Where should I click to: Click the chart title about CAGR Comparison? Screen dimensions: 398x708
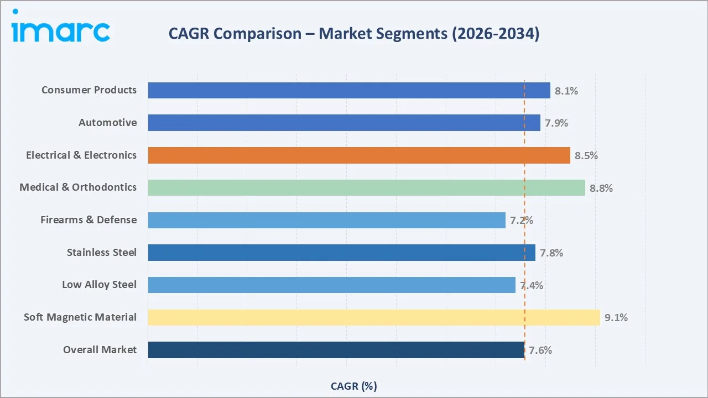coord(354,34)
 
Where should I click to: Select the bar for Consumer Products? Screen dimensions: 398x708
coord(349,91)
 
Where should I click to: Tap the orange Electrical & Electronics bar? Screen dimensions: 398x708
coord(359,155)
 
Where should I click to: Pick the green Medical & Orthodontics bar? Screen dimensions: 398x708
coord(366,188)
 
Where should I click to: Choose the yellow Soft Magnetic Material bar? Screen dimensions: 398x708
coord(374,317)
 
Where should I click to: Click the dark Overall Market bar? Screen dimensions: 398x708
coord(336,350)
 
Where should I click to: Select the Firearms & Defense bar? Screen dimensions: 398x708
coord(326,220)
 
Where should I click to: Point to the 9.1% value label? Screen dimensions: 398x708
coord(616,318)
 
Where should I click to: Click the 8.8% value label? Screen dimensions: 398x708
coord(601,188)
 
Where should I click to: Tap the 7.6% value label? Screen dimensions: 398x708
coord(540,350)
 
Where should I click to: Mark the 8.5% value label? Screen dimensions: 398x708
coord(586,156)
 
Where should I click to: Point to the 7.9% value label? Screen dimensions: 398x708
coord(556,123)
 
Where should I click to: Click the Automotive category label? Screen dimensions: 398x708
coord(107,123)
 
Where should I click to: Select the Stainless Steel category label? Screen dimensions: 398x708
coord(102,253)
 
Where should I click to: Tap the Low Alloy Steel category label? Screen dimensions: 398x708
coord(99,285)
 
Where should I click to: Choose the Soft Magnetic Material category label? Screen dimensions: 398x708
coord(80,317)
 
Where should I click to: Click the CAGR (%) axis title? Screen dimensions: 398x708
coord(353,386)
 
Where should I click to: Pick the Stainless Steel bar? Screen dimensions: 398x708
coord(341,253)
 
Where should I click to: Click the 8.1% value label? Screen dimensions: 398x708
coord(566,91)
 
